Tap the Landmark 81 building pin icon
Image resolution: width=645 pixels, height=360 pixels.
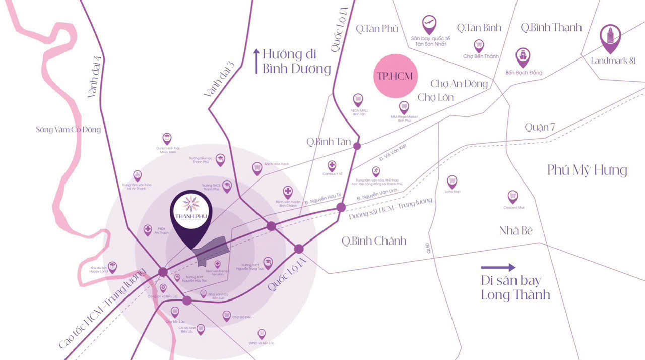[x=611, y=37]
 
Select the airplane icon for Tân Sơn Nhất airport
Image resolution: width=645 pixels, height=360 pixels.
[x=429, y=23]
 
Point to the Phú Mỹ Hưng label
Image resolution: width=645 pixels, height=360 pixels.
[x=587, y=170]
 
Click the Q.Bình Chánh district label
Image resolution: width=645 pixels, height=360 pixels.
[x=373, y=241]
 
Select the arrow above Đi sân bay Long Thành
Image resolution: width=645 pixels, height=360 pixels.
[x=498, y=268]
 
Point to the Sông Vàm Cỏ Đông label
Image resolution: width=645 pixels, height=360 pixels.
[x=69, y=130]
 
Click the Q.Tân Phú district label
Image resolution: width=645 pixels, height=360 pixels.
[x=377, y=29]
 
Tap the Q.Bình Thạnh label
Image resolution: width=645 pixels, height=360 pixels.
[x=551, y=27]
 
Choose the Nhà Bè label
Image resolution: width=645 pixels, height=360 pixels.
[x=516, y=231]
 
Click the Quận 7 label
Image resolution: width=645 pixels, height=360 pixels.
[x=539, y=127]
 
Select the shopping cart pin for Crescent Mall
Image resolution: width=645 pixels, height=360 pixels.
[x=513, y=196]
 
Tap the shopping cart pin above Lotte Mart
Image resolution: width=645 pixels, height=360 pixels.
[x=452, y=181]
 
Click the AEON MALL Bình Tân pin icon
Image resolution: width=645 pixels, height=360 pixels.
[x=358, y=99]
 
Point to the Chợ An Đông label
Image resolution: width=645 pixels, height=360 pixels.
[x=459, y=83]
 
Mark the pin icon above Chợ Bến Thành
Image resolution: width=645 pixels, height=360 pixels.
[x=479, y=45]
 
